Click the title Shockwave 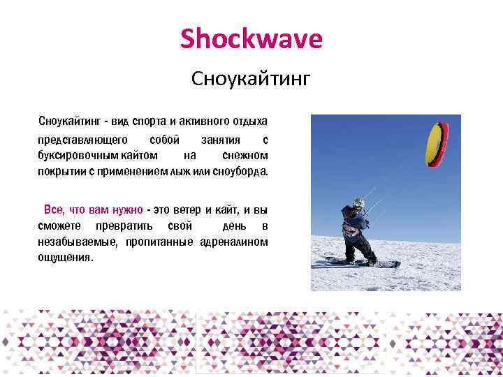[251, 39]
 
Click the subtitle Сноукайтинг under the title [251, 79]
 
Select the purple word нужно [127, 209]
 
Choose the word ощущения [65, 258]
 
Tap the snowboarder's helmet [358, 204]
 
